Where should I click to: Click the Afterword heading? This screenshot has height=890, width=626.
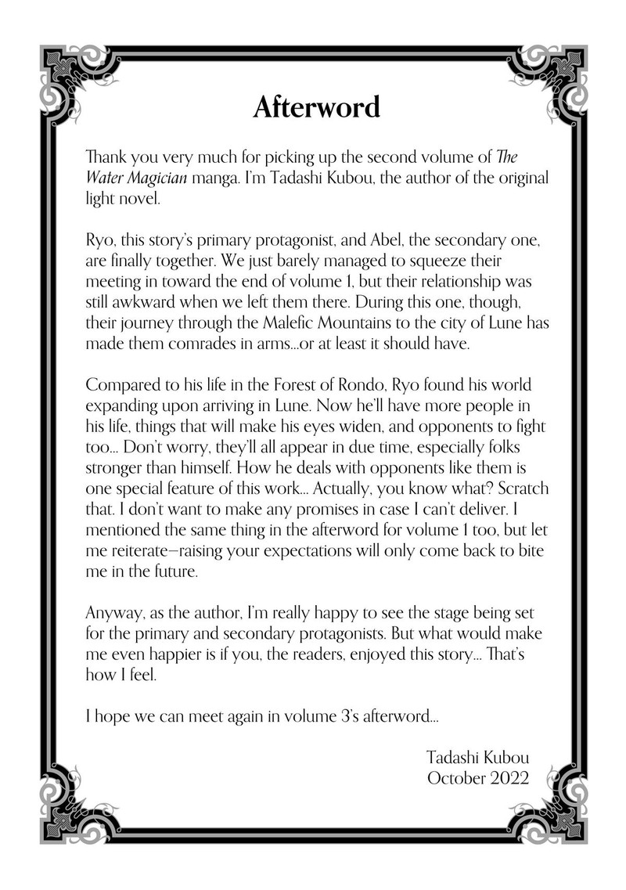(316, 108)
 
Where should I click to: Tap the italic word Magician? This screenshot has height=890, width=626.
(156, 178)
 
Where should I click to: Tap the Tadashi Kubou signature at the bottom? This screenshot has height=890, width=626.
(478, 757)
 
